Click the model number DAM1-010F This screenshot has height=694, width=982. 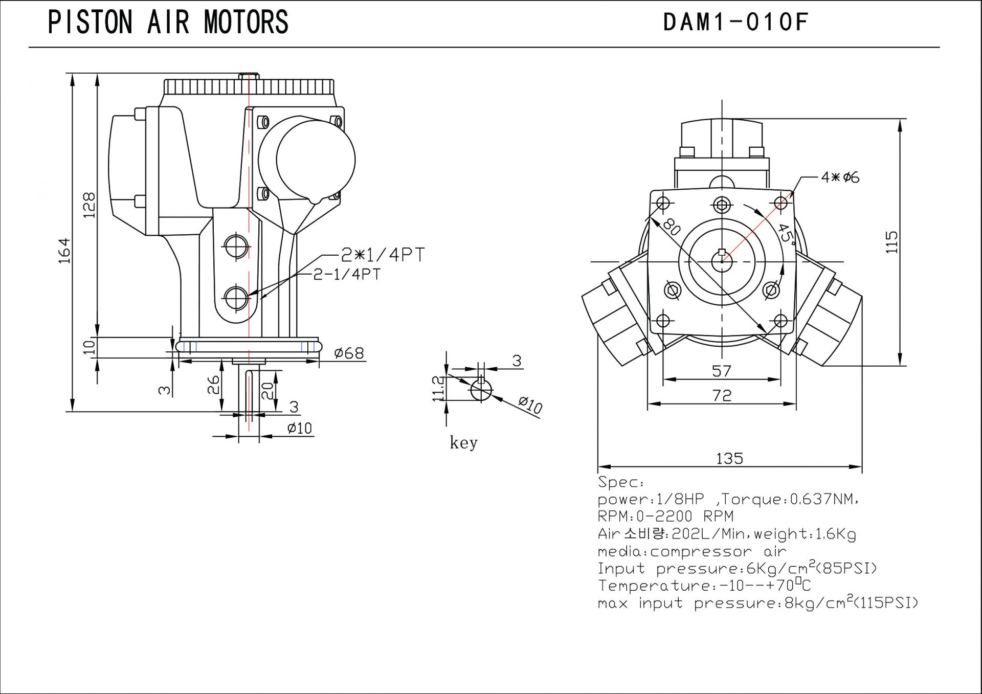(735, 23)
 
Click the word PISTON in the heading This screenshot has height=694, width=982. (90, 23)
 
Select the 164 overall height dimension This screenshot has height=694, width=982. (64, 250)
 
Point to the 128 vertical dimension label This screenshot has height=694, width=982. (90, 205)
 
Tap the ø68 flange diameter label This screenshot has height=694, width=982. (349, 353)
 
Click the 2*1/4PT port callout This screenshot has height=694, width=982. (383, 255)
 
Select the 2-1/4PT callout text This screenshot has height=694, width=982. (347, 275)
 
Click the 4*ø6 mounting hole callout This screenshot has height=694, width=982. (840, 177)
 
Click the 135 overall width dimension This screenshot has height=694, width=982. (729, 458)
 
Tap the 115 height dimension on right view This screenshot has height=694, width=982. (891, 242)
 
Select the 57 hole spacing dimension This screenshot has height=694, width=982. (721, 371)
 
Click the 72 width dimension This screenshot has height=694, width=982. (722, 395)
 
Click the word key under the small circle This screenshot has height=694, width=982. (463, 443)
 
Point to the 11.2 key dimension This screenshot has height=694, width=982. (438, 389)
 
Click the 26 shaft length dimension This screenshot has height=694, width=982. (213, 385)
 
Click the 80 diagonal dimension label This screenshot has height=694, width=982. (672, 227)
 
